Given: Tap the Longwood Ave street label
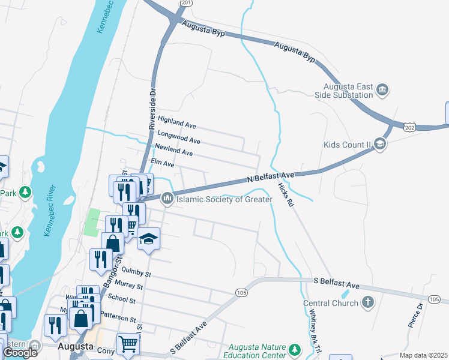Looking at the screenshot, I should (x=178, y=137).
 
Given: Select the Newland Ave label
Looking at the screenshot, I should (x=173, y=150).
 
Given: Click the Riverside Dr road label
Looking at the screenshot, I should (x=152, y=107).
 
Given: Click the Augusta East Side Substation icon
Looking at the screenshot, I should (x=382, y=91).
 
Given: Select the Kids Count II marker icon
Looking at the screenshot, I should (x=379, y=144).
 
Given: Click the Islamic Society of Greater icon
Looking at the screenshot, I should (x=167, y=197).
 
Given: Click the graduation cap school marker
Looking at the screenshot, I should (x=148, y=239).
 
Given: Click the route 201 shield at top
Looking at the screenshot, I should (x=187, y=3).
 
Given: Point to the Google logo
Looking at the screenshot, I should (x=20, y=352).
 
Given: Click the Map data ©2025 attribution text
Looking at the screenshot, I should (x=423, y=355).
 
